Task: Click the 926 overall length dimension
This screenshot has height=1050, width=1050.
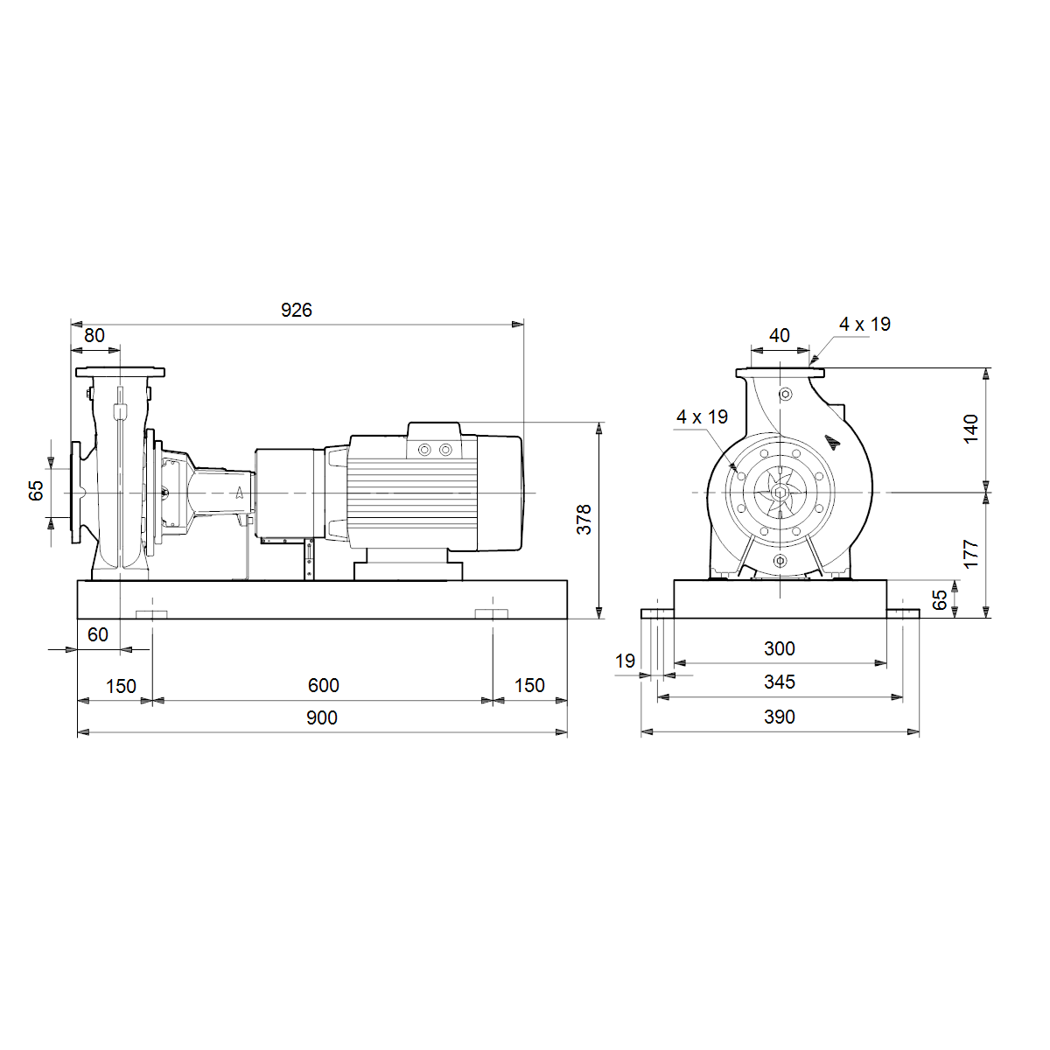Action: [x=297, y=310]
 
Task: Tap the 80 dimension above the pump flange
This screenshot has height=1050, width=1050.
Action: [x=94, y=336]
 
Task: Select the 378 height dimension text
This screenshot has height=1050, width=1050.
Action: [x=584, y=519]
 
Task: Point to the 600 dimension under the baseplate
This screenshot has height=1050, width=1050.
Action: [x=324, y=685]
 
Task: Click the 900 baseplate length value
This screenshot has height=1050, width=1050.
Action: [x=322, y=718]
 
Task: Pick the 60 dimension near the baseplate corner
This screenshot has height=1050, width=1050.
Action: [x=98, y=634]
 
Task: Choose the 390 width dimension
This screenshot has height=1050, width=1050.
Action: [x=780, y=717]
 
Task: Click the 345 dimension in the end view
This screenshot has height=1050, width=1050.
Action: [x=780, y=682]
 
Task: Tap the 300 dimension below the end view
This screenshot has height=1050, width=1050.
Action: [x=780, y=649]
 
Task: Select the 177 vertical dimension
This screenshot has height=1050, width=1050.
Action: [x=971, y=555]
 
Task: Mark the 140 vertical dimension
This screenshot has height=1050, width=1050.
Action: [x=971, y=430]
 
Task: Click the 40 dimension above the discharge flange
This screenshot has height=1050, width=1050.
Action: [x=780, y=336]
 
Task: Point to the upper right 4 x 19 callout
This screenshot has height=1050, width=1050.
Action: [x=865, y=325]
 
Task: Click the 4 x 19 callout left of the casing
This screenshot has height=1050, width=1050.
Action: [x=703, y=417]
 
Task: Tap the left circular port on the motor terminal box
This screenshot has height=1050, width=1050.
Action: [x=424, y=450]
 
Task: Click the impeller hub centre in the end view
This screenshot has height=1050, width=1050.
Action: [x=780, y=493]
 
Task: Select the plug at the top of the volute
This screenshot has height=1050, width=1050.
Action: [x=786, y=394]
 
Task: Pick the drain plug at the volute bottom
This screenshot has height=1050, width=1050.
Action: [x=780, y=561]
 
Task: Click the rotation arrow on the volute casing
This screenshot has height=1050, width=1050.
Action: [x=833, y=443]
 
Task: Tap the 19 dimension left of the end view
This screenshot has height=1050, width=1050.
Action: [x=625, y=661]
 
